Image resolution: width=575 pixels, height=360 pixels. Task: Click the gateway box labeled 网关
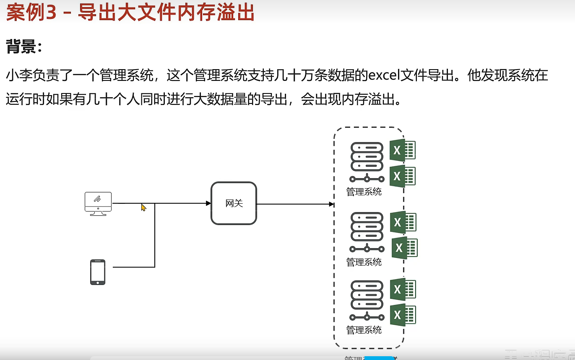coord(234,204)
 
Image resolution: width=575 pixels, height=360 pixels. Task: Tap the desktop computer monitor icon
coord(98,203)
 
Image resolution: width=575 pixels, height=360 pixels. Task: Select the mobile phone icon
coord(98,272)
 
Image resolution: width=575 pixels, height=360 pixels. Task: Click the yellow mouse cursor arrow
coord(143,207)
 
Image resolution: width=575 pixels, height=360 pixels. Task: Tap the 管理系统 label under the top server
coord(364,192)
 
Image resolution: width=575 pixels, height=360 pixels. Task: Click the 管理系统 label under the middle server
coord(364,262)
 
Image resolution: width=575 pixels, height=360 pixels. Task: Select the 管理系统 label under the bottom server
coord(364,330)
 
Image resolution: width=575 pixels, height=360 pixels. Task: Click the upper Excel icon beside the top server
coord(402,150)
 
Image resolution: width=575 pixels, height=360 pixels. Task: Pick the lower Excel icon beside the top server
coord(402,176)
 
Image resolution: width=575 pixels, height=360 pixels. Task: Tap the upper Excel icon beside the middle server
coord(403,222)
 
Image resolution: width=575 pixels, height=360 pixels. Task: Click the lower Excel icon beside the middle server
coord(404,248)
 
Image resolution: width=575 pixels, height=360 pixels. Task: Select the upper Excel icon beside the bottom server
coord(403,289)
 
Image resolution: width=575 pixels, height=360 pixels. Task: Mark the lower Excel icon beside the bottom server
coord(403,315)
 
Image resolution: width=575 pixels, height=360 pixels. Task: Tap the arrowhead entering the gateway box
coord(208,203)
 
